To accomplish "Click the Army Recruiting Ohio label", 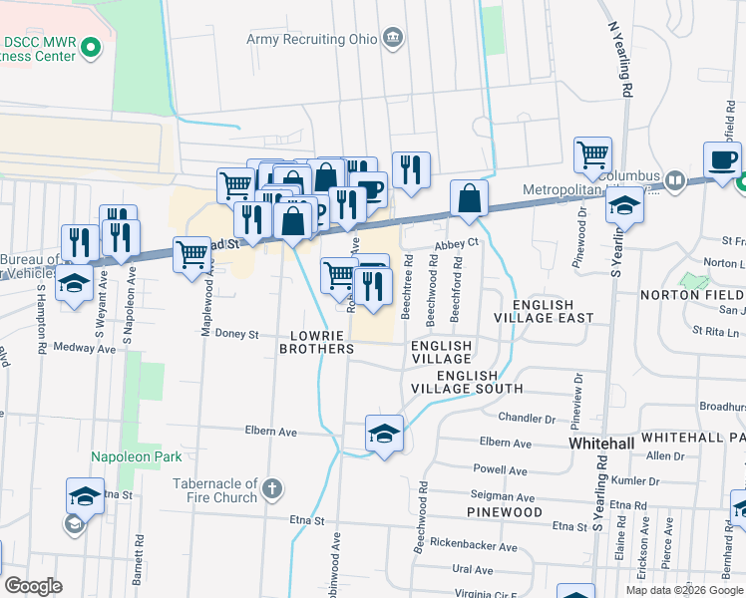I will click(x=312, y=39).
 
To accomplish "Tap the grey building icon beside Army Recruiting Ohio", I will click(x=394, y=39).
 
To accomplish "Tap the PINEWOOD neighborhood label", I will click(x=504, y=512).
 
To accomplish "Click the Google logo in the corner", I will click(x=33, y=586).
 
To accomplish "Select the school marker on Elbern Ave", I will click(x=384, y=434).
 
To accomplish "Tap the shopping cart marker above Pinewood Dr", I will click(x=592, y=154).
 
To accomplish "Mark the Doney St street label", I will click(x=238, y=335).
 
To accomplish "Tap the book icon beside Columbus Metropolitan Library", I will click(x=676, y=180).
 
